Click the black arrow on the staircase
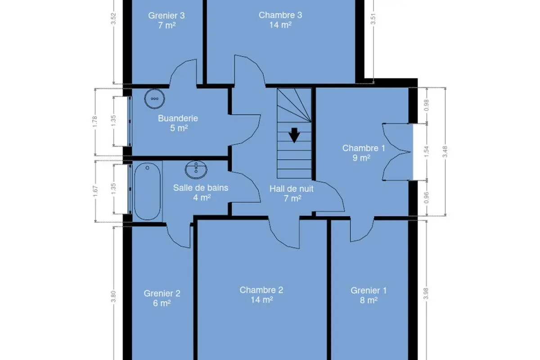pyautogui.click(x=294, y=135)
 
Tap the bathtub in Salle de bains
pyautogui.click(x=147, y=191)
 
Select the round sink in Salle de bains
pyautogui.click(x=196, y=170)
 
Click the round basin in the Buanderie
pyautogui.click(x=154, y=99)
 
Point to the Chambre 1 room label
pyautogui.click(x=364, y=148)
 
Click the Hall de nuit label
pyautogui.click(x=292, y=189)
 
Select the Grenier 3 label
pyautogui.click(x=166, y=15)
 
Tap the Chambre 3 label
pyautogui.click(x=280, y=15)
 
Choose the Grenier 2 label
pyautogui.click(x=162, y=293)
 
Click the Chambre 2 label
pyautogui.click(x=261, y=290)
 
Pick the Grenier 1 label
pyautogui.click(x=369, y=290)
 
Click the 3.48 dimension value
pyautogui.click(x=445, y=152)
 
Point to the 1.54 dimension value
pyautogui.click(x=426, y=152)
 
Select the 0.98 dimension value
pyautogui.click(x=427, y=105)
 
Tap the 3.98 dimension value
pyautogui.click(x=426, y=293)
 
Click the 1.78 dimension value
pyautogui.click(x=95, y=122)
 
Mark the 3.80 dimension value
pyautogui.click(x=113, y=297)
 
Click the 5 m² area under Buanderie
pyautogui.click(x=179, y=128)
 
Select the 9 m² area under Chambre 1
pyautogui.click(x=361, y=158)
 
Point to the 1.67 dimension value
pyautogui.click(x=95, y=191)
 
